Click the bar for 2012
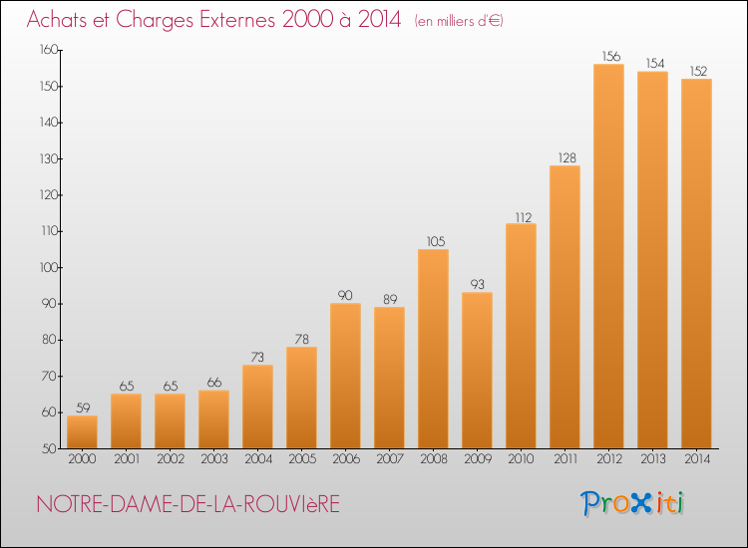pos(608,256)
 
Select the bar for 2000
pos(82,431)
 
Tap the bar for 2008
pos(433,349)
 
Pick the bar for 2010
pos(521,336)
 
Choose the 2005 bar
pos(301,398)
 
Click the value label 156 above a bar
pos(608,56)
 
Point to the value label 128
pos(564,157)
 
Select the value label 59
pos(82,408)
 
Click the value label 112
pos(521,215)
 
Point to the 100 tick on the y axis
pos(47,267)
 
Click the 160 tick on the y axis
pos(47,50)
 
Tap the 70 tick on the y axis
pos(49,376)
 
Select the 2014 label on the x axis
pos(696,459)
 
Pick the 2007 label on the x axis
pos(389,459)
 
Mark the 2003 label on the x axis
pos(213,459)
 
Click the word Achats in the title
pos(63,19)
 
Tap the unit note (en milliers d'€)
pos(459,21)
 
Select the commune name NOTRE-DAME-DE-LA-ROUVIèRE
pos(187,504)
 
